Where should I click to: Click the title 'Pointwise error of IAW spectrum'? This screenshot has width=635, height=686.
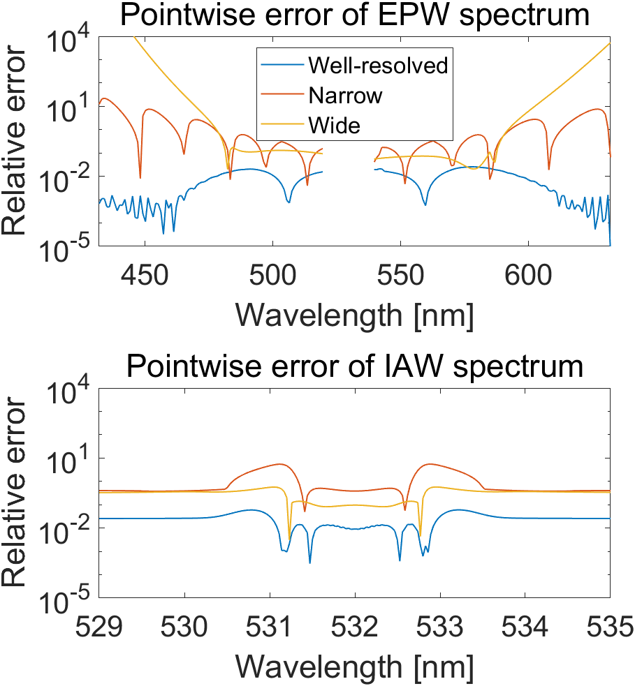(354, 366)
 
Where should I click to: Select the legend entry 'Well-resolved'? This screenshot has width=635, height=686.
(378, 66)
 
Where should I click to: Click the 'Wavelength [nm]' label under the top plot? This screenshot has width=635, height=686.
(354, 314)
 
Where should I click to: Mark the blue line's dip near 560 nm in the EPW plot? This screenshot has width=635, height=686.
(425, 204)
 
